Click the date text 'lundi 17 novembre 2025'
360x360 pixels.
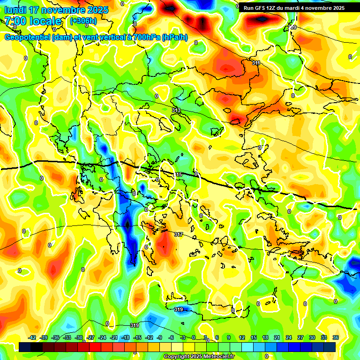point(56,10)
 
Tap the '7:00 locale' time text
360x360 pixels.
point(33,21)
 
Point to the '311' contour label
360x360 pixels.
point(256,63)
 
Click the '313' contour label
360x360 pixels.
point(176,110)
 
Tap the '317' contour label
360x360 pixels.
point(179,234)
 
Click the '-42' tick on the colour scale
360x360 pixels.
point(32,337)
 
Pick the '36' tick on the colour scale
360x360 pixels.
point(336,337)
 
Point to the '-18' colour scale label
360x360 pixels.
point(126,337)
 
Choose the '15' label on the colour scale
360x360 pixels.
point(254,337)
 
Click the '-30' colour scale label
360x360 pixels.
point(79,337)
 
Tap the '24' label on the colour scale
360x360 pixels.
point(288,337)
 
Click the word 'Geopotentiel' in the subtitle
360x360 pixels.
point(28,37)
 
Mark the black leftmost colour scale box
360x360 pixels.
point(25,347)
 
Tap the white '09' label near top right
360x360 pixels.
point(293,27)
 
